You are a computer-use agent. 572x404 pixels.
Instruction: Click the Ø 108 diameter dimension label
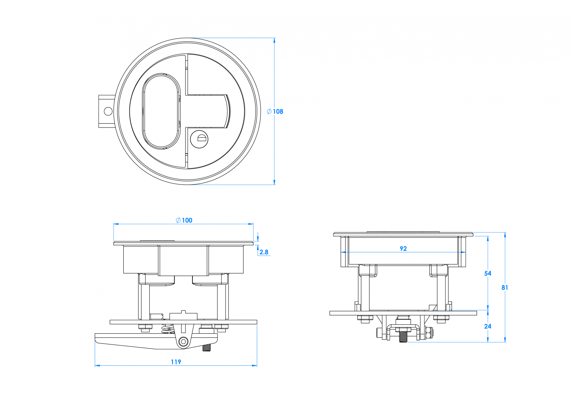pos(275,111)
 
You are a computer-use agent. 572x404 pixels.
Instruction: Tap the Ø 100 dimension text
pos(184,221)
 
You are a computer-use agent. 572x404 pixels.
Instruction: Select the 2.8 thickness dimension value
pos(264,252)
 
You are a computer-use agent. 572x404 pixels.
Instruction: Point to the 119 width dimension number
pos(176,362)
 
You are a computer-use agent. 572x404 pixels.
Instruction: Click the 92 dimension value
pos(403,249)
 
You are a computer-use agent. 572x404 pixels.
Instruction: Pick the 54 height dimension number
pos(488,273)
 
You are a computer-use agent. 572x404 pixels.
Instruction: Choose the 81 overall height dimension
pos(505,288)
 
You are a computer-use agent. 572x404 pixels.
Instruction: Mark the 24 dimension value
pos(488,326)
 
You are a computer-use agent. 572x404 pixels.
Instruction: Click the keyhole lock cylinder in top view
pos(199,139)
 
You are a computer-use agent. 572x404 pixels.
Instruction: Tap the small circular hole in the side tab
pos(108,111)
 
